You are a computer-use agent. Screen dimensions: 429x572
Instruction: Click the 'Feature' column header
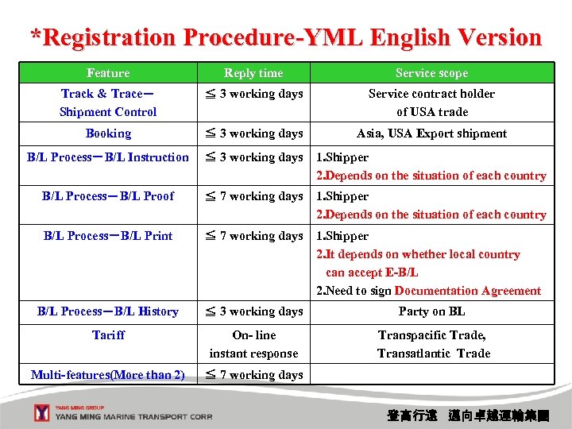(108, 73)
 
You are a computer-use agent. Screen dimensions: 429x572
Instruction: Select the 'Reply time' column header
(253, 73)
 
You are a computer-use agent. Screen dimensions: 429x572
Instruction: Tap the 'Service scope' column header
(431, 73)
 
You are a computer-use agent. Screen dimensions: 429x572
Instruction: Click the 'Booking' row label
(108, 133)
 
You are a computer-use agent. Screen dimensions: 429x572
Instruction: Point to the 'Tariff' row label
(108, 335)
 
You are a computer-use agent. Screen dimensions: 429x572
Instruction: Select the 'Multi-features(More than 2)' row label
(108, 375)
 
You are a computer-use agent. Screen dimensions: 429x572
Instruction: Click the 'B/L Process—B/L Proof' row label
(108, 196)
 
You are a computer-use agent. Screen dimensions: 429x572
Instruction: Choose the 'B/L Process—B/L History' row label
(108, 311)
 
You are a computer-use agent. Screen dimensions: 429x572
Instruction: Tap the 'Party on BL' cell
(431, 311)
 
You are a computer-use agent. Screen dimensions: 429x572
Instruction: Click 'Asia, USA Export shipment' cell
(431, 133)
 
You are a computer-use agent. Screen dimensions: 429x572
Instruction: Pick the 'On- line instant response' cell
(253, 344)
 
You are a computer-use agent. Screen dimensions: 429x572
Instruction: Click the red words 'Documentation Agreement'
(467, 291)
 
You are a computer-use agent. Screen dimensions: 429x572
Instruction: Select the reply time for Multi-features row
(254, 375)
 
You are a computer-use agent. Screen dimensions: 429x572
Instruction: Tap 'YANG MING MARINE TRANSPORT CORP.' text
(133, 416)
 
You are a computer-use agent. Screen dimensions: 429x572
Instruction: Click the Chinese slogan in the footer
(467, 415)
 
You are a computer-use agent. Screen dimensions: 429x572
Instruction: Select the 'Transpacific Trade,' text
(431, 335)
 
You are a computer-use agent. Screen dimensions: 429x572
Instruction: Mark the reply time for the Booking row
(254, 133)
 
